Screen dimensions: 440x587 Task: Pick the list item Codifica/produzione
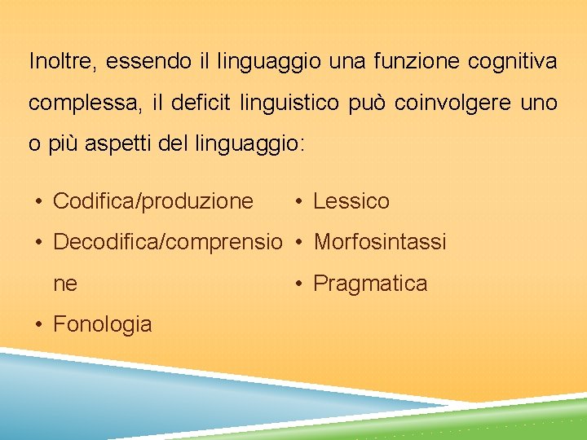(153, 201)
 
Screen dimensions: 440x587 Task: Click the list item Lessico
(351, 201)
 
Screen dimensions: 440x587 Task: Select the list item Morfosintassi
(380, 242)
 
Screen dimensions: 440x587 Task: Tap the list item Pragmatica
(370, 284)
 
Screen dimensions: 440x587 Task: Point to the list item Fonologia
(102, 324)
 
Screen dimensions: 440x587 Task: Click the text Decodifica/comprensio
(167, 242)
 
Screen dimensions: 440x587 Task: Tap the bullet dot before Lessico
(300, 202)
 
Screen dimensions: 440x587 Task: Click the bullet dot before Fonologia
(39, 325)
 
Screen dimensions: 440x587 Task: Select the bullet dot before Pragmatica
(300, 284)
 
